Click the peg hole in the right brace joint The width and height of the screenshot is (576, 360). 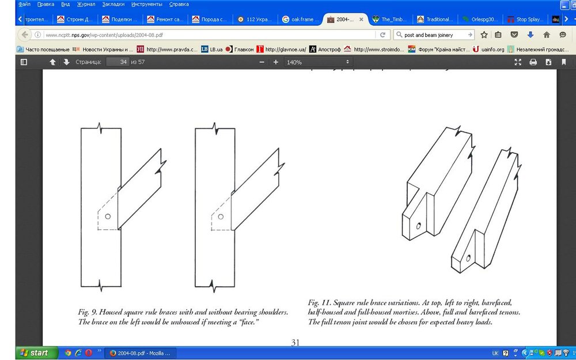tap(221, 217)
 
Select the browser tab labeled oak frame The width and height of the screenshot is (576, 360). tap(300, 19)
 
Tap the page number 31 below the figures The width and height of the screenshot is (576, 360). tap(295, 342)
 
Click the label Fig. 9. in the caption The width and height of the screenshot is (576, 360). tap(88, 312)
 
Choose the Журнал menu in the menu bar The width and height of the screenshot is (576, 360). tap(86, 4)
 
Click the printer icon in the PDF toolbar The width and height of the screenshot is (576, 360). tap(533, 62)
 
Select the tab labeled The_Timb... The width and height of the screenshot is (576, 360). tap(389, 19)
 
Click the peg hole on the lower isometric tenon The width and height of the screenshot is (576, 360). tap(469, 257)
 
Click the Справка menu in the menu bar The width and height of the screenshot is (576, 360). tap(179, 4)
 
